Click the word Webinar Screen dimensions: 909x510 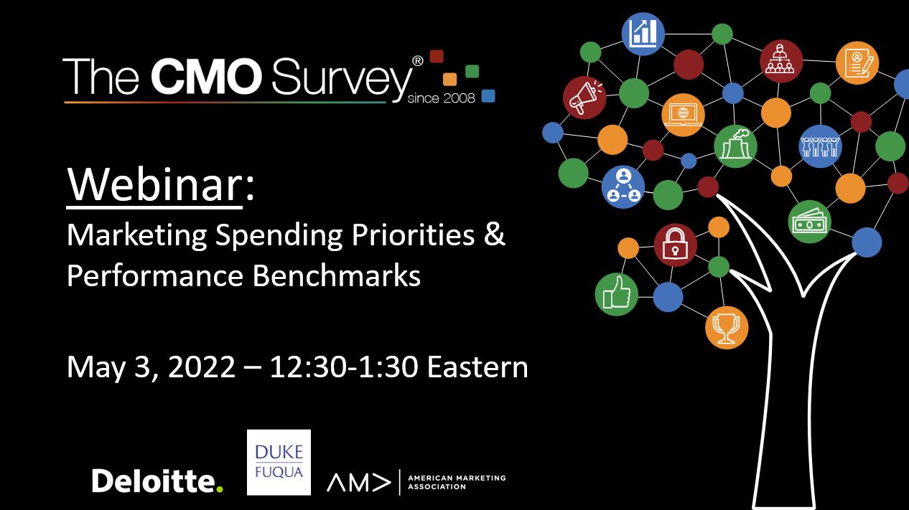(154, 184)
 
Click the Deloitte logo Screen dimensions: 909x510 (157, 481)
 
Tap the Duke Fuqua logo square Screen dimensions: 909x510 (279, 462)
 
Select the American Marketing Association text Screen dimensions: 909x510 (457, 482)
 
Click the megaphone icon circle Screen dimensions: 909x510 (584, 98)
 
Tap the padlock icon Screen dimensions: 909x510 (675, 245)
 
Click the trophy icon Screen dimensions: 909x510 (727, 328)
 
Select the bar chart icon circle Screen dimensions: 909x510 (643, 34)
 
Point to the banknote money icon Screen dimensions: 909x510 (810, 222)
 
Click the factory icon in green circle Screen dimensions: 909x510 (735, 146)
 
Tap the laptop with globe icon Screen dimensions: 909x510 (683, 115)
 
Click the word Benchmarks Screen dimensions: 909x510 (337, 276)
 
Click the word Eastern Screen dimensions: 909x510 (477, 367)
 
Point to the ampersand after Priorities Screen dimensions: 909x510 (494, 235)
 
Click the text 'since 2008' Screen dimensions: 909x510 (441, 98)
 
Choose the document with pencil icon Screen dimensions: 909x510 (857, 63)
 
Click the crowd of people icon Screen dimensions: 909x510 (820, 146)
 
